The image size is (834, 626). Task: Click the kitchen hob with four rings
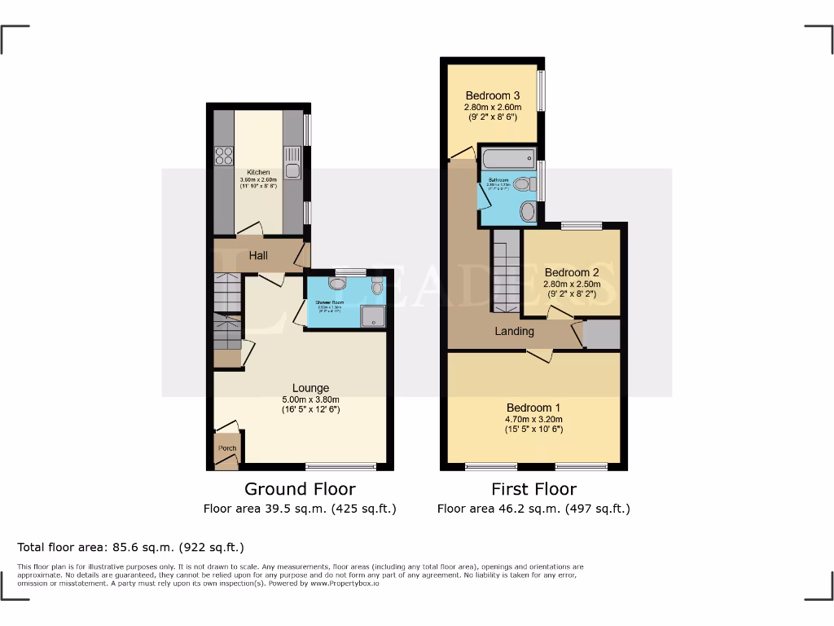[x=223, y=156]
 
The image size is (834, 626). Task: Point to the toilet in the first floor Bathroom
[x=525, y=185]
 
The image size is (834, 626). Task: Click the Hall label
[x=258, y=256]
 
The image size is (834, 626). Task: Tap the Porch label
[x=227, y=448]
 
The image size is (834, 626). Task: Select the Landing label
[x=515, y=331]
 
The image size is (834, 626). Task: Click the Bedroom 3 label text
[x=493, y=95]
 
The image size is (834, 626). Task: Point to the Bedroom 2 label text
[x=572, y=272]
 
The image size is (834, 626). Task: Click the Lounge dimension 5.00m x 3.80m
[x=311, y=399]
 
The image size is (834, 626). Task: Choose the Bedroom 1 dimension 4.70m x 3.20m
[x=533, y=419]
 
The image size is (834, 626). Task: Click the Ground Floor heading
[x=300, y=489]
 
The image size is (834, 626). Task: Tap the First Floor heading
[x=533, y=489]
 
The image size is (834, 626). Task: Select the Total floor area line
[x=130, y=547]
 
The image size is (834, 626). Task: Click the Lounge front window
[x=340, y=467]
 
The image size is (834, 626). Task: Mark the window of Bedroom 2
[x=582, y=225]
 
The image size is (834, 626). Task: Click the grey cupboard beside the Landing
[x=603, y=334]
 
